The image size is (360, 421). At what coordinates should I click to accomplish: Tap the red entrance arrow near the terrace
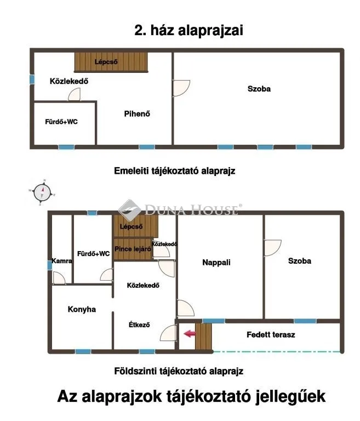coord(189,333)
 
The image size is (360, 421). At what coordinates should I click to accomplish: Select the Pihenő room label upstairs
coord(137,114)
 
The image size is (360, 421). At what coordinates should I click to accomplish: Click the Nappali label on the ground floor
coord(217,262)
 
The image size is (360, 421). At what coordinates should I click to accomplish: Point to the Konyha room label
coord(82,309)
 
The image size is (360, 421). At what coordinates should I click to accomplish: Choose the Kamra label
coord(62,261)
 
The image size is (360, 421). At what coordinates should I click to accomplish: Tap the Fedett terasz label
coord(271,334)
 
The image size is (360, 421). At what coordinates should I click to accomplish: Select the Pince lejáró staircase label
coord(133,248)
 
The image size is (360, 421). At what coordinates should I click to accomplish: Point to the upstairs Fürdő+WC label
coord(61,122)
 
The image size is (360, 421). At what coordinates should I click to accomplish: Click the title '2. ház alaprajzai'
coord(188,31)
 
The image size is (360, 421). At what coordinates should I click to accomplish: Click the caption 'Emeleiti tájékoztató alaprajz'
coord(175,170)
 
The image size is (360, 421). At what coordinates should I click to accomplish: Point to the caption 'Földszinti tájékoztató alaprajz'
coord(178,371)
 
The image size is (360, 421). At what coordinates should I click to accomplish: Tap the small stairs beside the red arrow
coord(204,336)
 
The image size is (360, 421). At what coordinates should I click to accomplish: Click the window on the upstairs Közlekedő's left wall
coord(32,79)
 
